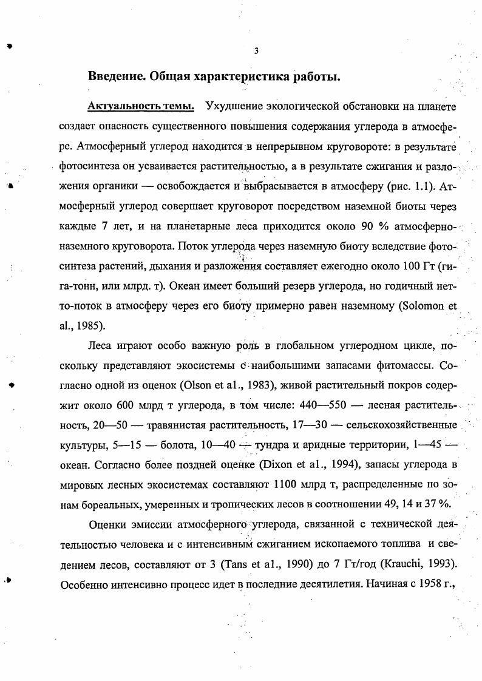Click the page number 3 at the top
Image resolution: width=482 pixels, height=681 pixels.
pyautogui.click(x=256, y=52)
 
